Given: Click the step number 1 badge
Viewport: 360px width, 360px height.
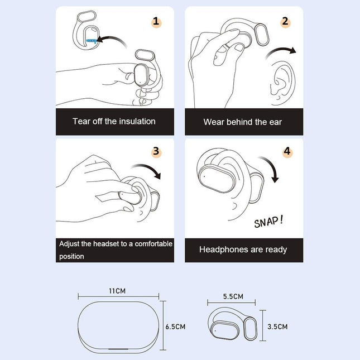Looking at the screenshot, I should pos(156,22).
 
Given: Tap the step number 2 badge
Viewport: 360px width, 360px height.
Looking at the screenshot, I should pos(286,22).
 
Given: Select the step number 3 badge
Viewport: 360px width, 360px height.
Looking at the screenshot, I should pos(156,151).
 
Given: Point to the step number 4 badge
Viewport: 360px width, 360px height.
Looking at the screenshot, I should pos(287,151).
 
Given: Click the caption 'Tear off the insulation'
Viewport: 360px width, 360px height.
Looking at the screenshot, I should pos(114,121).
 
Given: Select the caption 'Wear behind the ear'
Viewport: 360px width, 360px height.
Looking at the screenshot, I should pos(243,122).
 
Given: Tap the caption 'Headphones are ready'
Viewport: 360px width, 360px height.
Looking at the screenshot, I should pos(243,249).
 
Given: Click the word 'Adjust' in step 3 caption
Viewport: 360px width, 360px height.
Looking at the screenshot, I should pos(71,244).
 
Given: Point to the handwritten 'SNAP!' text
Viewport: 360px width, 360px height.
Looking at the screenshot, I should pos(268,222).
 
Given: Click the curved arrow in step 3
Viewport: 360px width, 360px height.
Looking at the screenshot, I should pos(147,170).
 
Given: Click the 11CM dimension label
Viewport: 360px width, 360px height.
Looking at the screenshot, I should pos(117,291).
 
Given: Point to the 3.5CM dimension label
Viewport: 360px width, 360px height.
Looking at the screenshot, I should pos(277,327).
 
